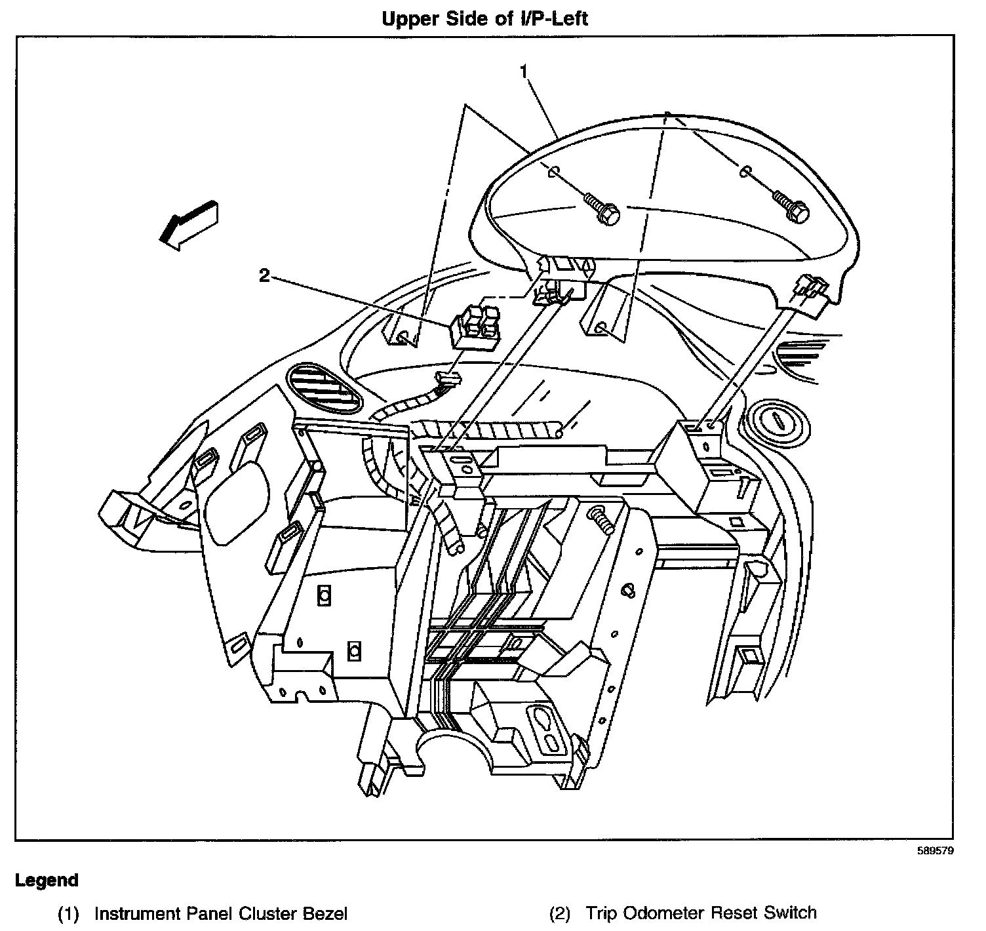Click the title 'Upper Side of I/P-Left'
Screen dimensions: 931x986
click(x=476, y=18)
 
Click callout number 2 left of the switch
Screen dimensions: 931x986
click(x=264, y=276)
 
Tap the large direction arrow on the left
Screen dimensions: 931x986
click(x=189, y=224)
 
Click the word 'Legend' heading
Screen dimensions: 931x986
click(x=47, y=881)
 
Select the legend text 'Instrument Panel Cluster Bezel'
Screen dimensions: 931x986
click(x=221, y=913)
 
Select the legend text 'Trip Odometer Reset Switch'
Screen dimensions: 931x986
click(x=701, y=913)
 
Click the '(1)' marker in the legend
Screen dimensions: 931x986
click(x=68, y=913)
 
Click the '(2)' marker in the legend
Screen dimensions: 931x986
click(x=559, y=913)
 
